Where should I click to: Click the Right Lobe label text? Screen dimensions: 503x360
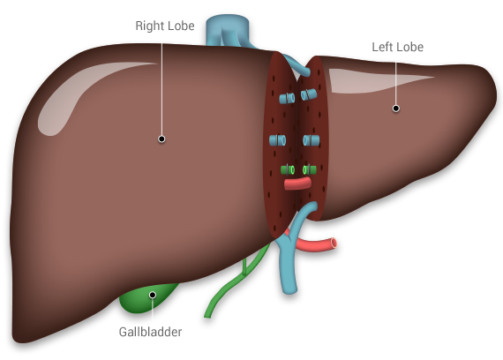[x=165, y=26]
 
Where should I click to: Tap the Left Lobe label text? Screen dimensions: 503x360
[x=397, y=47]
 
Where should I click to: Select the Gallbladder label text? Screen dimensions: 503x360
[x=150, y=332]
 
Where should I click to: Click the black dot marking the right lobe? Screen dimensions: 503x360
[x=161, y=139]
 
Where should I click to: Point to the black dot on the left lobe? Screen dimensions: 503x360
[x=396, y=109]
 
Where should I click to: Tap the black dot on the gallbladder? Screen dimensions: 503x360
[x=153, y=295]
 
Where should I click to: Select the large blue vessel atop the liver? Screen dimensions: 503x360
[x=228, y=31]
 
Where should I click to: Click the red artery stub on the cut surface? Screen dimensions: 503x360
[x=297, y=184]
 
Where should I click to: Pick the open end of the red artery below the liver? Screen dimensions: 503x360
[x=334, y=243]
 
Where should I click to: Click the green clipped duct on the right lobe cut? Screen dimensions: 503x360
[x=288, y=169]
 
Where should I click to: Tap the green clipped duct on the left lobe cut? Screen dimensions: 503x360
[x=309, y=169]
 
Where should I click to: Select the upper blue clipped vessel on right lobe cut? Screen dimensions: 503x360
[x=287, y=99]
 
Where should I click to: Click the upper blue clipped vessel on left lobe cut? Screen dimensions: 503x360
[x=309, y=94]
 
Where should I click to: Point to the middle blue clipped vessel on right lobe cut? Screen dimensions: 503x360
[x=277, y=140]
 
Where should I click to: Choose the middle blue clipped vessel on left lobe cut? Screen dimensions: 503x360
[x=312, y=140]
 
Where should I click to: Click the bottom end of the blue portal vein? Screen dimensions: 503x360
[x=289, y=289]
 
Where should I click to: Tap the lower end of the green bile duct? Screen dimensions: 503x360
[x=207, y=316]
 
